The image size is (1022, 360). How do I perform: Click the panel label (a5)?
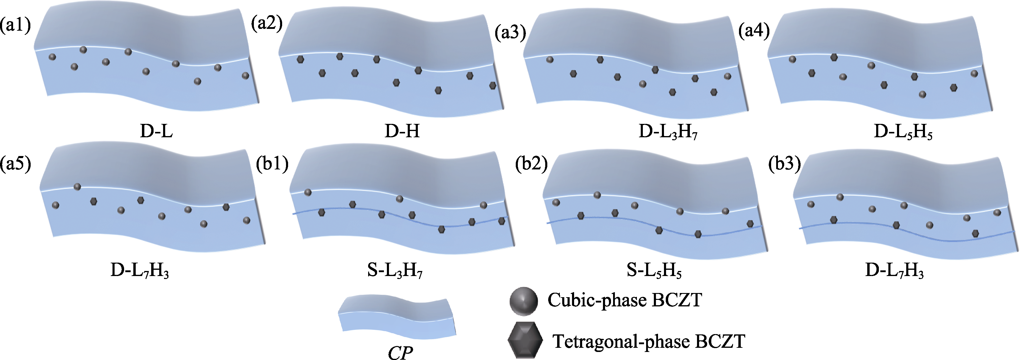pyautogui.click(x=15, y=163)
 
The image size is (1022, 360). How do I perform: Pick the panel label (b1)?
pyautogui.click(x=272, y=163)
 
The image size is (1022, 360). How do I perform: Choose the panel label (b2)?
pyautogui.click(x=531, y=163)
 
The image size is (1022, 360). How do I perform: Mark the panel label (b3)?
pyautogui.click(x=784, y=163)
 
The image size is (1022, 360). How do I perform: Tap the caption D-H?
pyautogui.click(x=402, y=131)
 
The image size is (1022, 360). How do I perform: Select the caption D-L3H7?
pyautogui.click(x=668, y=132)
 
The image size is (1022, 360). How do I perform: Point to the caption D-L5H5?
pyautogui.click(x=903, y=132)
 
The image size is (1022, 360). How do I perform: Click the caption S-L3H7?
pyautogui.click(x=395, y=271)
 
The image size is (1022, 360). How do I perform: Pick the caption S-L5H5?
pyautogui.click(x=654, y=271)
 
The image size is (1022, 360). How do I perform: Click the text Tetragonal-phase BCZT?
pyautogui.click(x=649, y=341)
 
